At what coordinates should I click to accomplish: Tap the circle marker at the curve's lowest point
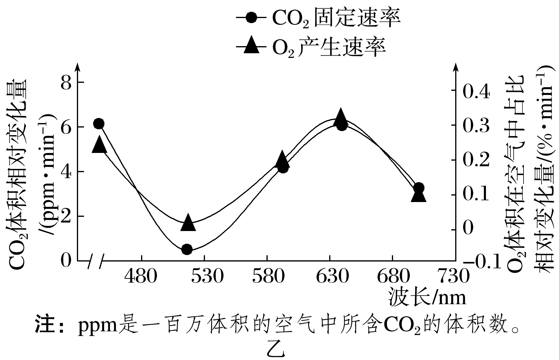(x=187, y=249)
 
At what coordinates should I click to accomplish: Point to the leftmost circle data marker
(x=99, y=124)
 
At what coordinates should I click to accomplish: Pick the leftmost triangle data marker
(x=99, y=145)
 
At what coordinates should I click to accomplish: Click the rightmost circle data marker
(x=419, y=188)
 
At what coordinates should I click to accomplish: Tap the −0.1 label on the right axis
(x=481, y=262)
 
